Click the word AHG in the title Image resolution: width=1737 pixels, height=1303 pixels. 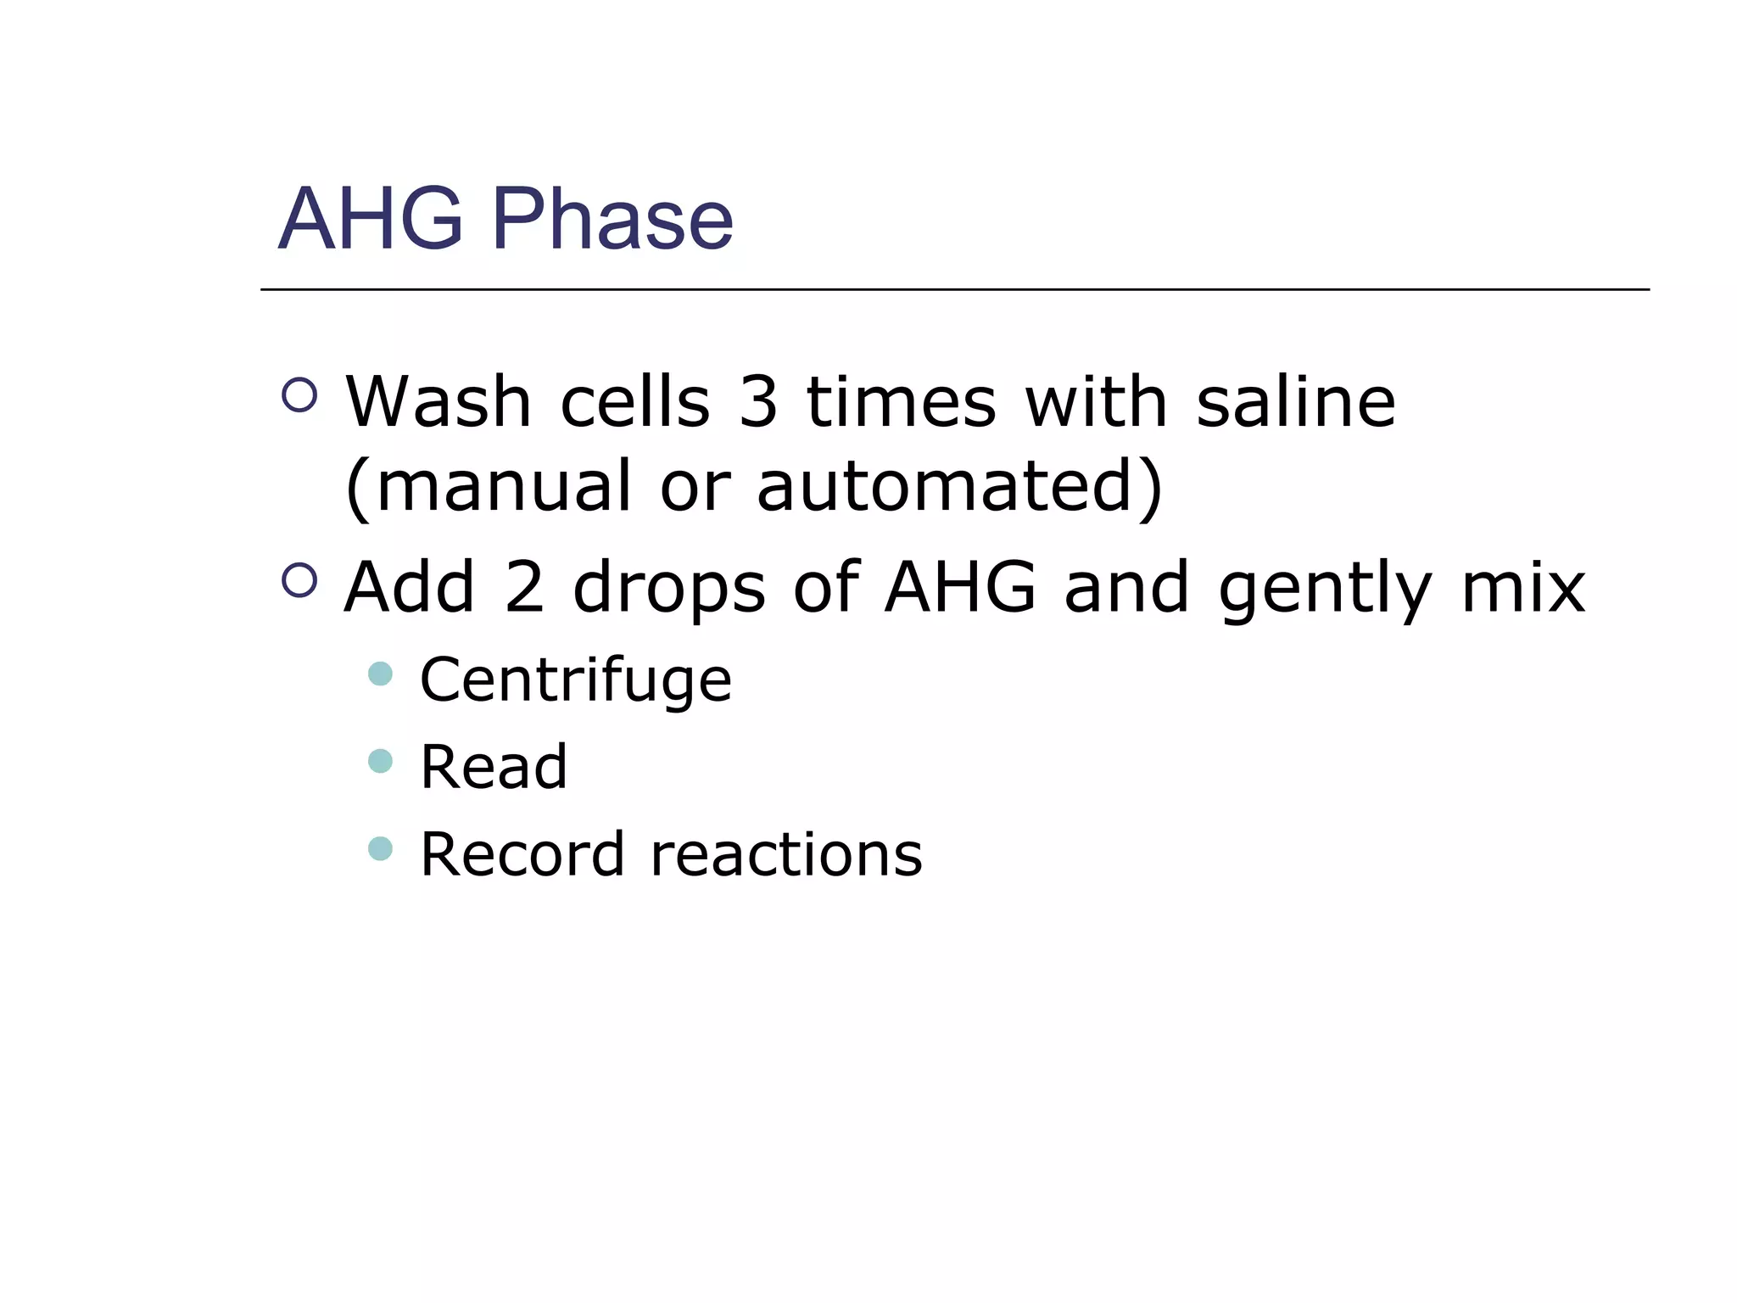coord(371,219)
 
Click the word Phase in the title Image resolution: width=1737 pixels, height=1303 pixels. coord(612,219)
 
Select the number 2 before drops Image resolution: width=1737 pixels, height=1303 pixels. coord(524,587)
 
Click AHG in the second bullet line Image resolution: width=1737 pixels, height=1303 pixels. coord(959,587)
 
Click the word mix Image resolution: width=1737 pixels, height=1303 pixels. coord(1523,587)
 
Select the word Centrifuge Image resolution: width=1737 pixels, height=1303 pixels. coord(576,681)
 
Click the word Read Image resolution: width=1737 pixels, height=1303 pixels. coord(494,767)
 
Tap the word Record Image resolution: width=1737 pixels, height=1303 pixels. coord(522,854)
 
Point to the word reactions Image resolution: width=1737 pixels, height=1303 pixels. coord(786,854)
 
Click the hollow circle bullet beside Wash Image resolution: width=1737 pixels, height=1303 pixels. coord(299,394)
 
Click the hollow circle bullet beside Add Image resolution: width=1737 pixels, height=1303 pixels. coord(299,580)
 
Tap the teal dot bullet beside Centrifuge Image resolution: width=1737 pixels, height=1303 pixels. coord(381,674)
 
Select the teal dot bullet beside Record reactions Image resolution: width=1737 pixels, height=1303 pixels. coord(381,848)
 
